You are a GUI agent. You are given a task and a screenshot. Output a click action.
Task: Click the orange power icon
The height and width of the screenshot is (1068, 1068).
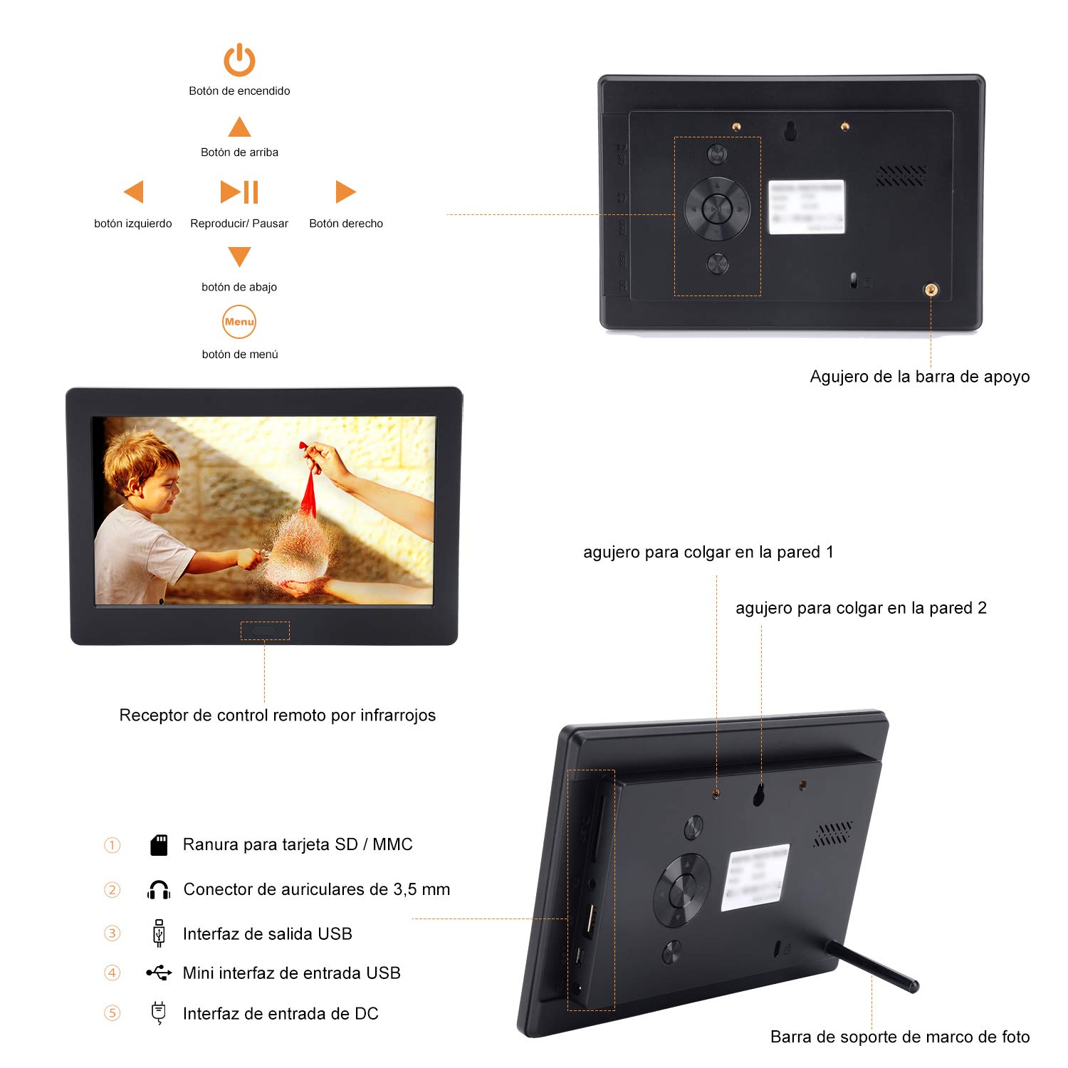point(239,60)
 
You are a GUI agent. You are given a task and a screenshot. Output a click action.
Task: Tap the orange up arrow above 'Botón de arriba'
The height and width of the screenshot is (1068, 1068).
point(239,128)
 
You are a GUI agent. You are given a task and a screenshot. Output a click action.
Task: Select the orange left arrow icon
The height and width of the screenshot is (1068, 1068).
point(134,192)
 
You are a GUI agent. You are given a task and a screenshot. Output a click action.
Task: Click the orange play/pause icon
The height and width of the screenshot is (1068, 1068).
point(239,192)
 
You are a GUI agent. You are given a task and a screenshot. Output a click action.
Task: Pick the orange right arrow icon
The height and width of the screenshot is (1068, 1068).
point(345,192)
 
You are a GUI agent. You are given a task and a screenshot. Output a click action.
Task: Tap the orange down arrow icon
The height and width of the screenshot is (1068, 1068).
point(239,256)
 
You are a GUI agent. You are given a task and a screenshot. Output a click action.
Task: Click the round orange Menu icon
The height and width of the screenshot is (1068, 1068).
point(239,322)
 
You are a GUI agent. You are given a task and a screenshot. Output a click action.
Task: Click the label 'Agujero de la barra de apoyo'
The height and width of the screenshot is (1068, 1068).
point(919,377)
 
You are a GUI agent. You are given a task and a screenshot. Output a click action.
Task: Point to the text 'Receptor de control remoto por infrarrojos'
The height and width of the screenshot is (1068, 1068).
point(277,716)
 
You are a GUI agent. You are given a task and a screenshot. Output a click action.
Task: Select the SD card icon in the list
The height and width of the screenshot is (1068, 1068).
point(159,845)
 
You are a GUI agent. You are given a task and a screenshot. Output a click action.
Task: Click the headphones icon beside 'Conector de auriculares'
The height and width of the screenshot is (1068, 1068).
point(159,890)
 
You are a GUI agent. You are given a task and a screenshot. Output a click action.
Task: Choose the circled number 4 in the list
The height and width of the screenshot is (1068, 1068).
point(112,973)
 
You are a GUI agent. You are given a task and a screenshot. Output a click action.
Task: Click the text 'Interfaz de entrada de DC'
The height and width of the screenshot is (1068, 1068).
point(281,1014)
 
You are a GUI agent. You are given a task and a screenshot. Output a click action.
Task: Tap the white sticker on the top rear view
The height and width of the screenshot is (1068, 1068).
point(807,206)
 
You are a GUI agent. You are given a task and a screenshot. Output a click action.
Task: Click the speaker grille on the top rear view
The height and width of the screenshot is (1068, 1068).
point(901,176)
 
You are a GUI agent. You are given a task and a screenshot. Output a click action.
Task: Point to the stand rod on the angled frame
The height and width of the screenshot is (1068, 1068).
point(872,967)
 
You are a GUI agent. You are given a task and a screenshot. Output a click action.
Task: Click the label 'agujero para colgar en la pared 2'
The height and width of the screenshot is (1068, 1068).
point(861,608)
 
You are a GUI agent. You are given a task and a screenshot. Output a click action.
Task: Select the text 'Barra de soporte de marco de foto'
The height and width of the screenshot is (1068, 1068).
point(900,1037)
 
